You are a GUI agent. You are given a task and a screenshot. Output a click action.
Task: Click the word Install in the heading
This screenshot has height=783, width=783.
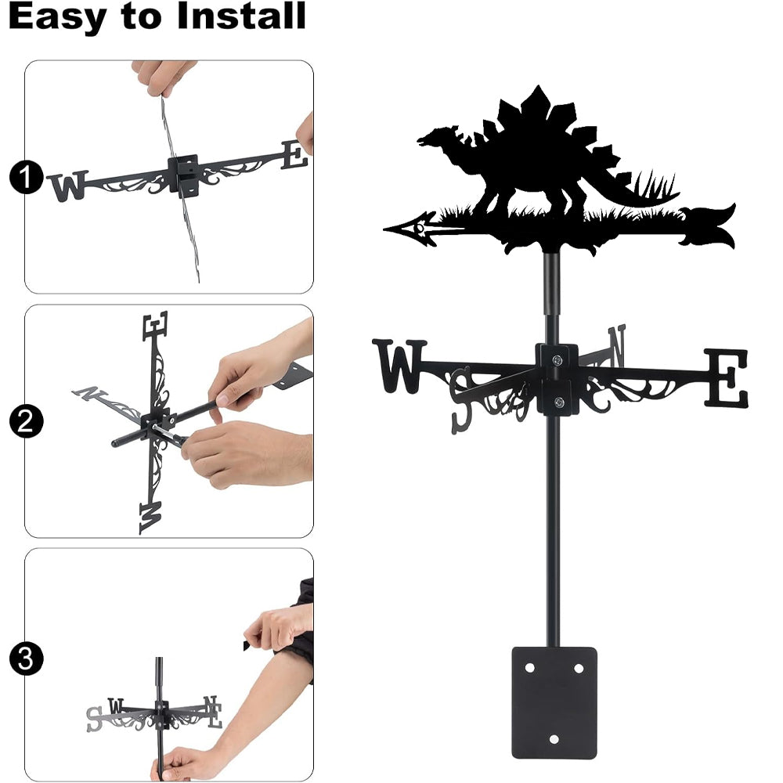[241, 16]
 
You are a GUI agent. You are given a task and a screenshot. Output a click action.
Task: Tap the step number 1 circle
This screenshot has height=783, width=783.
[26, 177]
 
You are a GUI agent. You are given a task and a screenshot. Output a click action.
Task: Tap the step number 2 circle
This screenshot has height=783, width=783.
[26, 421]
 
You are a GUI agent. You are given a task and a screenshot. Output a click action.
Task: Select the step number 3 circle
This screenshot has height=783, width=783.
[26, 659]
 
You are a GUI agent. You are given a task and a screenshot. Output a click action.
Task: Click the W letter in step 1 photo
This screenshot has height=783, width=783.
[68, 186]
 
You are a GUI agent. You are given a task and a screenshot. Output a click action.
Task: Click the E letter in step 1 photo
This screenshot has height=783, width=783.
[294, 155]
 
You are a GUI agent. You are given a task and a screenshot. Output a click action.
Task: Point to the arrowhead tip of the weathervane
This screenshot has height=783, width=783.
[384, 229]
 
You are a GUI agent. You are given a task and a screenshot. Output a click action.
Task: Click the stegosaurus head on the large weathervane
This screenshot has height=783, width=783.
[435, 136]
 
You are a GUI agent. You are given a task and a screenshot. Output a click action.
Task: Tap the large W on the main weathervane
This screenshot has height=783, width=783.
[399, 366]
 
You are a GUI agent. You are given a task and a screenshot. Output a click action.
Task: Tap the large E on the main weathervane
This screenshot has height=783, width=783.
[726, 377]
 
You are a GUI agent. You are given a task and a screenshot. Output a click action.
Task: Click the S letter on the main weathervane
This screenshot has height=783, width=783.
[461, 400]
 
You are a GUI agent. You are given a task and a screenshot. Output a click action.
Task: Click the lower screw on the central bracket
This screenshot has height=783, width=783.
[559, 402]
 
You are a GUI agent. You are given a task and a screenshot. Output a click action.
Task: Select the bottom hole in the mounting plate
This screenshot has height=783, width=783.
[554, 739]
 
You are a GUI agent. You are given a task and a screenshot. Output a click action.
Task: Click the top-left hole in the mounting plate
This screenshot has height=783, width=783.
[529, 668]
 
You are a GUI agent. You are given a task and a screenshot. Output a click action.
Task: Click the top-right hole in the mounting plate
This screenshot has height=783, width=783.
[579, 668]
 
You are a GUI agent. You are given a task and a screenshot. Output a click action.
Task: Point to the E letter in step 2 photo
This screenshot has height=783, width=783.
[155, 326]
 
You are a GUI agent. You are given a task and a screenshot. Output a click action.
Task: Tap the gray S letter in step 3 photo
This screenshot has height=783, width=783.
[94, 719]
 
